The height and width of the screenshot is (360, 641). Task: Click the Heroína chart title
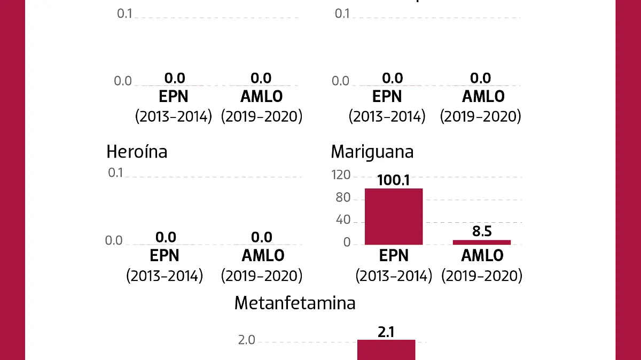coord(137,152)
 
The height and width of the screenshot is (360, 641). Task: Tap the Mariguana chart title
coord(372,152)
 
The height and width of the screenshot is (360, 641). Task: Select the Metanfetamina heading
coord(295,303)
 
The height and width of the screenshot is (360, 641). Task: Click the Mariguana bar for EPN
coord(394,216)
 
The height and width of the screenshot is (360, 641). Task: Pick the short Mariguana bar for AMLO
coord(482,242)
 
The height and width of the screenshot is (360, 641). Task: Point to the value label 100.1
coord(394,180)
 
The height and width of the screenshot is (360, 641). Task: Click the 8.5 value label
coord(482,231)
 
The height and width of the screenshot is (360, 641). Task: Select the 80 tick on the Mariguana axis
coord(343,198)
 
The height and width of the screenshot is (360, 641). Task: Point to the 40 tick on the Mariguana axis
coord(343,221)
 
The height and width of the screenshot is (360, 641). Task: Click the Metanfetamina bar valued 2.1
coord(386,350)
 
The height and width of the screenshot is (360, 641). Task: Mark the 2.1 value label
coord(386,332)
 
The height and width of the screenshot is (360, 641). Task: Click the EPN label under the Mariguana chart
coord(394,255)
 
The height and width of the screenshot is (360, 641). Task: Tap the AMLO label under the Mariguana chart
coord(482,255)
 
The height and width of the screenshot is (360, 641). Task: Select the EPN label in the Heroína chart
coord(165,255)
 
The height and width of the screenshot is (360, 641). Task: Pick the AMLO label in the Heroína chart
coord(262,255)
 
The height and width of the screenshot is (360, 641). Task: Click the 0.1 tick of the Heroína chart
coord(115,173)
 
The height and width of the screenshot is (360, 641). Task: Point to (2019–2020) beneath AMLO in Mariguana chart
coord(482,276)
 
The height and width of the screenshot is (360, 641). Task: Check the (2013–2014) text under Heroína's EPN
coord(165,276)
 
